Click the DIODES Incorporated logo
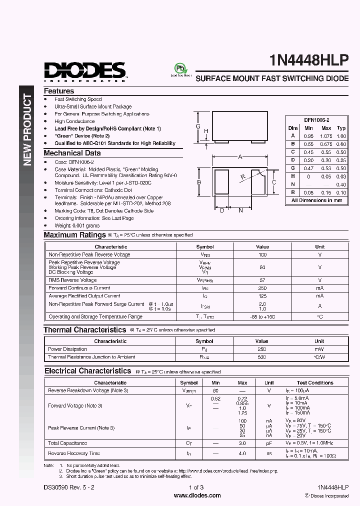[84, 71]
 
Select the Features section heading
[59, 91]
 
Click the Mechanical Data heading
[72, 153]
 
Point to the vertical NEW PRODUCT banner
[28, 130]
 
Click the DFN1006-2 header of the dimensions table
[316, 120]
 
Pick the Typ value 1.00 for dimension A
[341, 136]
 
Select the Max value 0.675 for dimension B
[325, 144]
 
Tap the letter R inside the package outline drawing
[242, 176]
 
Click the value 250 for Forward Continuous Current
[262, 288]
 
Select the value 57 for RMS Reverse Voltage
[262, 280]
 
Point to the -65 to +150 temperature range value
[262, 316]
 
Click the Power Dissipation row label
[67, 349]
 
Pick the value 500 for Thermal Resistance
[262, 357]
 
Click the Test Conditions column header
[314, 382]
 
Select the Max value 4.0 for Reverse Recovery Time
[242, 453]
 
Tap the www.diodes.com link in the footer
[197, 495]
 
